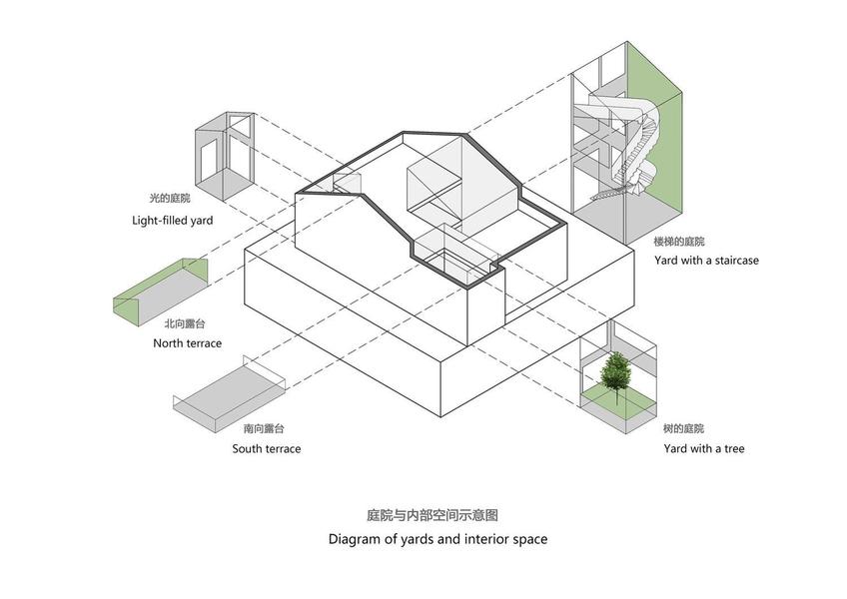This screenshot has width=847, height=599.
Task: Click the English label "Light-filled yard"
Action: click(x=172, y=220)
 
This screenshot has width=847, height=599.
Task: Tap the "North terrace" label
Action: click(x=187, y=343)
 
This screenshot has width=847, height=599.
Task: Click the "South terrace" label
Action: click(x=267, y=448)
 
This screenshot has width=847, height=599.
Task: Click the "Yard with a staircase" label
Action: click(x=706, y=261)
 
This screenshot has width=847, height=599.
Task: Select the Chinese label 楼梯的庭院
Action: click(x=679, y=242)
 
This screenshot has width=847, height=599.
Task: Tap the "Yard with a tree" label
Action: click(x=703, y=448)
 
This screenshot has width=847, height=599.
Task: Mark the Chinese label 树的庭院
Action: click(x=683, y=428)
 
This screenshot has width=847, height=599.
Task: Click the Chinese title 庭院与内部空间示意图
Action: click(x=431, y=516)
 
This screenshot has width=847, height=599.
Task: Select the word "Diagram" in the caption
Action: click(x=356, y=539)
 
